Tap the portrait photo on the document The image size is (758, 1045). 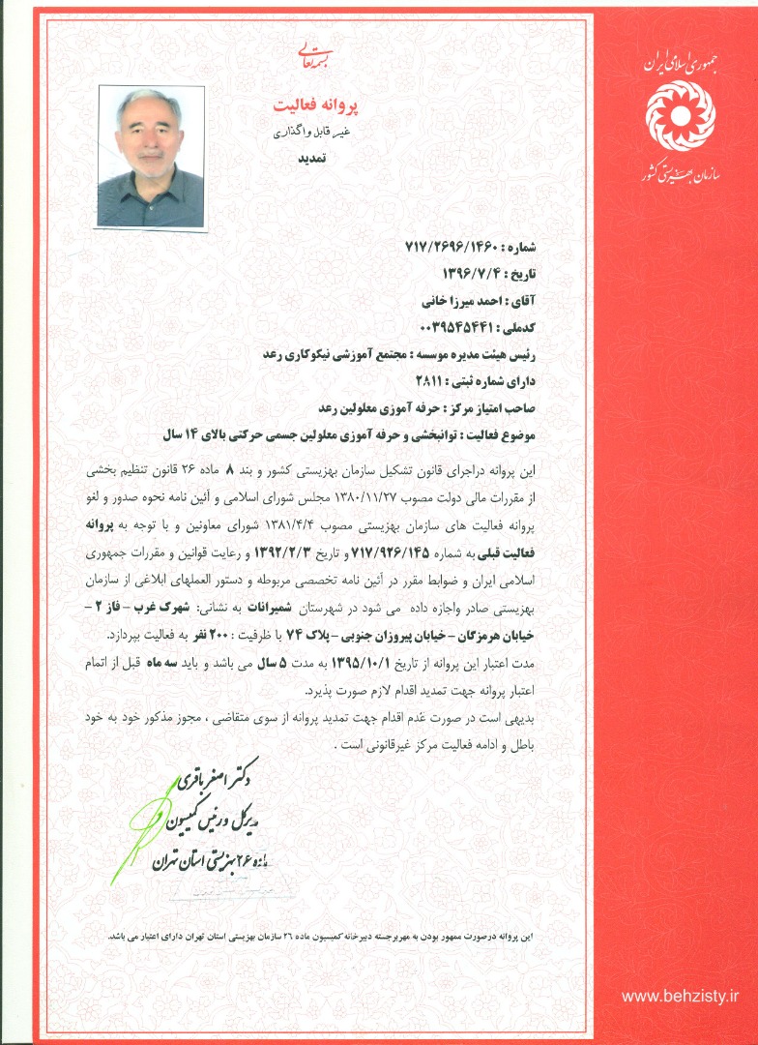coord(152,157)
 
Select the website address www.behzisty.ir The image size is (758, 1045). coord(680,996)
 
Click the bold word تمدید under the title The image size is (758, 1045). coord(311,160)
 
